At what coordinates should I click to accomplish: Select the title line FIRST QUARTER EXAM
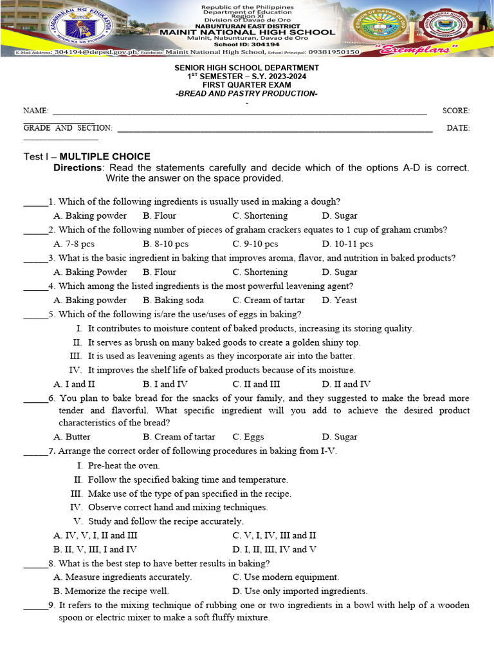click(x=246, y=85)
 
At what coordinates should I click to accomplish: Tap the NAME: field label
click(x=35, y=111)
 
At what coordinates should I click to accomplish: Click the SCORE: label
click(x=455, y=111)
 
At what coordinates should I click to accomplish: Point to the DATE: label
click(x=458, y=127)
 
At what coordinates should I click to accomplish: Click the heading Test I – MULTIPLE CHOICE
click(x=87, y=156)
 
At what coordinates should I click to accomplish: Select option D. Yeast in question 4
click(x=340, y=300)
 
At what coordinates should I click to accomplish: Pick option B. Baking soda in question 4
click(x=173, y=300)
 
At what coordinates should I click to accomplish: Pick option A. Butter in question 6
click(x=72, y=436)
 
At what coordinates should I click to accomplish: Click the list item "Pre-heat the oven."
click(x=123, y=465)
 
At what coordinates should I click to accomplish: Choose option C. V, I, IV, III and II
click(x=274, y=535)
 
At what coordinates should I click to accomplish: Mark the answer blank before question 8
click(x=35, y=564)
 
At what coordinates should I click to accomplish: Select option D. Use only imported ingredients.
click(x=300, y=591)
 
